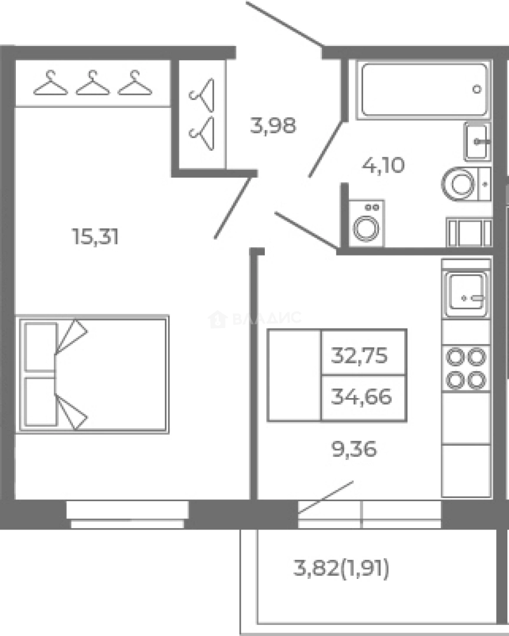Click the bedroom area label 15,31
(x=95, y=237)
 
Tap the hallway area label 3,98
(x=273, y=126)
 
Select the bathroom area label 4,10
(x=384, y=165)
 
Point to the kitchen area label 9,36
(x=354, y=449)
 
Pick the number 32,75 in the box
(x=360, y=355)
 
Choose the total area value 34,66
(x=361, y=397)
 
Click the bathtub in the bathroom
(x=424, y=90)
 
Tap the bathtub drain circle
(x=477, y=90)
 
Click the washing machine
(x=367, y=223)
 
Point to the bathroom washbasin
(x=477, y=141)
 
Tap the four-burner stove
(x=466, y=368)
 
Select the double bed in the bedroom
(x=92, y=375)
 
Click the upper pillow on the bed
(x=41, y=347)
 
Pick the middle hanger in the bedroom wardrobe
(x=93, y=83)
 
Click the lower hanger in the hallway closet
(x=201, y=133)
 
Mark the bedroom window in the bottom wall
(x=128, y=514)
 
